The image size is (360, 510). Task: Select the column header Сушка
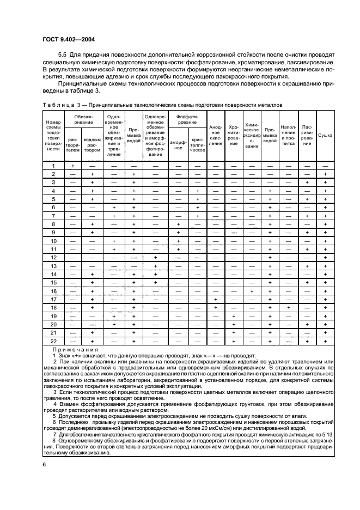point(325,134)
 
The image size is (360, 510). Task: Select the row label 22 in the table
point(53,341)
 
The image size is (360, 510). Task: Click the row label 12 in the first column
point(53,257)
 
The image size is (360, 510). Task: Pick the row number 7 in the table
point(53,216)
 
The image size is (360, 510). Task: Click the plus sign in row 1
point(72,166)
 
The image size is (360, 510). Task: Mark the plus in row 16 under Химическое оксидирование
point(251,291)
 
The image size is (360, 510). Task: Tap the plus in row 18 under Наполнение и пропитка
point(288,307)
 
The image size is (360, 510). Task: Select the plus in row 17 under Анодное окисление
point(216,299)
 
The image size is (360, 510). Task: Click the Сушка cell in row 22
point(325,341)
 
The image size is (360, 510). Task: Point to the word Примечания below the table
point(75,350)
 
